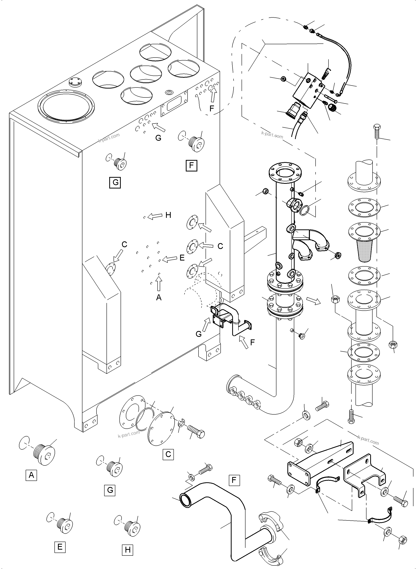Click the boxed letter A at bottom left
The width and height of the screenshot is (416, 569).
pos(31,475)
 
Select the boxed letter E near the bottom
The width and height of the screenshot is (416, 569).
pos(60,547)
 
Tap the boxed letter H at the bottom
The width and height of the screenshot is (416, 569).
pos(127,550)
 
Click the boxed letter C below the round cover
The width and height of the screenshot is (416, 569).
pos(168,454)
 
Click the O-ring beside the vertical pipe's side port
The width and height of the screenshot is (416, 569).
pos(304,210)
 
